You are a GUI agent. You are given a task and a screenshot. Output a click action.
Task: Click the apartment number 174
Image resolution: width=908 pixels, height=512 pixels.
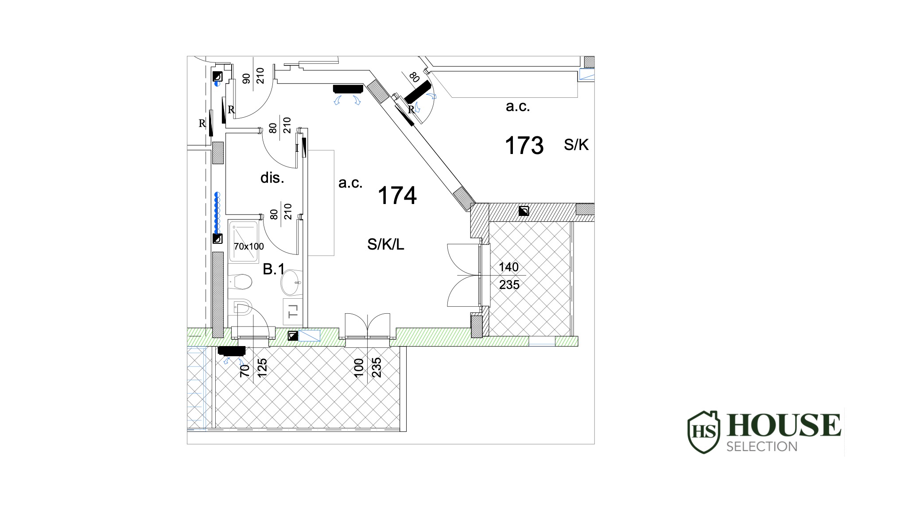pos(397,196)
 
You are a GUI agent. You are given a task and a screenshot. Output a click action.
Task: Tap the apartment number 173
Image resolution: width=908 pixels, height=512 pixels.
pos(524,146)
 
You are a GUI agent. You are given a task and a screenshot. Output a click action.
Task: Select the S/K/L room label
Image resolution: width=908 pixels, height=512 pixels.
pos(386,244)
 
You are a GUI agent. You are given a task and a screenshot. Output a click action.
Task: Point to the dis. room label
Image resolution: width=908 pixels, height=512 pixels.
pos(272,178)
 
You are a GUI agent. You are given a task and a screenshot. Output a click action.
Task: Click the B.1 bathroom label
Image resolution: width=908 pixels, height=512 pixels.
pos(274,269)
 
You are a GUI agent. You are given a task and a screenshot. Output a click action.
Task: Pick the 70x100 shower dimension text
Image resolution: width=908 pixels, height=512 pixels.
pos(249,246)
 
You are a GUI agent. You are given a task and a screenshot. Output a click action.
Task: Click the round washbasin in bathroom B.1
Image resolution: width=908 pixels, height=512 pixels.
pos(291,282)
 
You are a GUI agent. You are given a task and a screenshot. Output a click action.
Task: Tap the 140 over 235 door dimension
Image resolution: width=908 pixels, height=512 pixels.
pos(509,276)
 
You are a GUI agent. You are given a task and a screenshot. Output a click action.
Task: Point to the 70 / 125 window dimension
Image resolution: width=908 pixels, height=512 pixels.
pos(253,368)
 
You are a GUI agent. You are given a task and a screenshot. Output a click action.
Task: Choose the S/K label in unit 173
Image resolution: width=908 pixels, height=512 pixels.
pos(576,145)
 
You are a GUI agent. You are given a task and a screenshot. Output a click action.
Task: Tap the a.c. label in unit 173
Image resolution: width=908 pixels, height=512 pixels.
pos(518,107)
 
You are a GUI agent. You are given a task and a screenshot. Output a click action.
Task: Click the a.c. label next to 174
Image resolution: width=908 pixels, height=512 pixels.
pos(350,183)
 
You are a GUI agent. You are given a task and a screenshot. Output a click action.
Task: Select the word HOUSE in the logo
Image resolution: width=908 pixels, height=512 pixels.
pos(784,425)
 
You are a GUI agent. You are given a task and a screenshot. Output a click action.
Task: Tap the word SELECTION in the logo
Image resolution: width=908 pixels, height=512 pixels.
pos(762,446)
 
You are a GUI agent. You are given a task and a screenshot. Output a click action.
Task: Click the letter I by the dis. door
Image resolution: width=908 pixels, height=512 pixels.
pos(297,148)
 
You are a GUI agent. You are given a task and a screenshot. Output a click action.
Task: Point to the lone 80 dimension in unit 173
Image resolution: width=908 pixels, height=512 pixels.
pos(415,78)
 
